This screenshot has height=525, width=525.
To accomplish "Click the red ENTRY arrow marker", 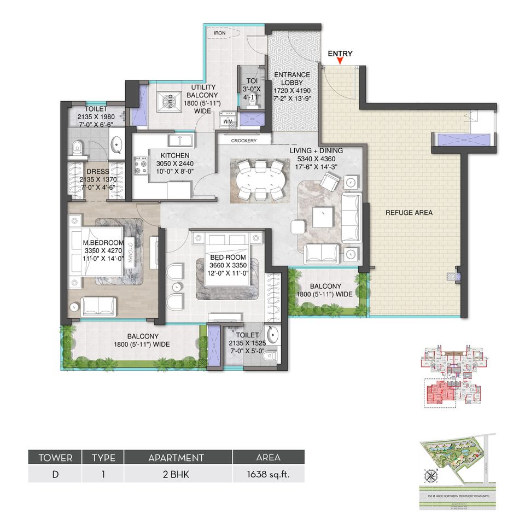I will point(340,61).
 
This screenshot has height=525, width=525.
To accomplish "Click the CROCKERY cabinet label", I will point(244,141).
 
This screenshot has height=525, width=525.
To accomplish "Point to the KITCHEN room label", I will point(160,155).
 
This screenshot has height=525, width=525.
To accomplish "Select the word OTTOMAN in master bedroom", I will point(130,253).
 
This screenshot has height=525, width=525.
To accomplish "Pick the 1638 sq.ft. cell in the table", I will point(268,474).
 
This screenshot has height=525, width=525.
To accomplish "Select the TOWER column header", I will point(55,457).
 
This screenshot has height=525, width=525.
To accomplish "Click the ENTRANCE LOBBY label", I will point(291,75).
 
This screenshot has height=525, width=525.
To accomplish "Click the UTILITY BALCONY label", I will point(203,87).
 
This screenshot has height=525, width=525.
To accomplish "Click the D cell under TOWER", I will point(55,474).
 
